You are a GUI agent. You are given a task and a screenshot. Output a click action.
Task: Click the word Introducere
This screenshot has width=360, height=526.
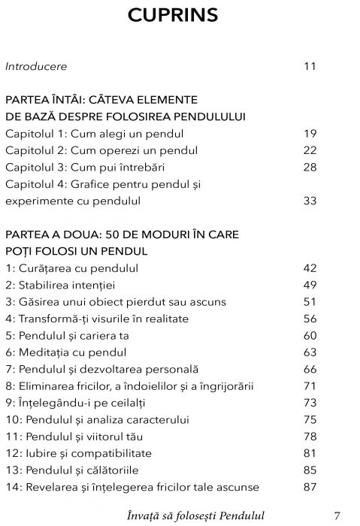(36, 66)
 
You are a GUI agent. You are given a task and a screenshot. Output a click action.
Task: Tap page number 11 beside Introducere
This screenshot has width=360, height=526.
(310, 66)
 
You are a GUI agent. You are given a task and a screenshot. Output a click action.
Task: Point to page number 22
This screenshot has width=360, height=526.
(310, 150)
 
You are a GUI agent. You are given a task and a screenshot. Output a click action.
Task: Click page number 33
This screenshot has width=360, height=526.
(310, 201)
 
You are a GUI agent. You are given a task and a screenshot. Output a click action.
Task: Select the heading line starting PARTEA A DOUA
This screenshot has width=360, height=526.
(122, 234)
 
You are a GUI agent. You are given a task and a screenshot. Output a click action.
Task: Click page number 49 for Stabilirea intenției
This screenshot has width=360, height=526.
(310, 286)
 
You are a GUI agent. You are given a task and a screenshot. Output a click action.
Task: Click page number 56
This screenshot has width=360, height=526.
(310, 319)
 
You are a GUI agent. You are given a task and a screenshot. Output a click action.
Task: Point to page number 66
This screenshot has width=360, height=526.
(310, 369)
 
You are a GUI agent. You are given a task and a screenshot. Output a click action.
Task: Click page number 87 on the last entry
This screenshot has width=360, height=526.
(310, 487)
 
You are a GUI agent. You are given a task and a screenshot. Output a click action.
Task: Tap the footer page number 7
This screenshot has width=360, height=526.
(337, 515)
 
